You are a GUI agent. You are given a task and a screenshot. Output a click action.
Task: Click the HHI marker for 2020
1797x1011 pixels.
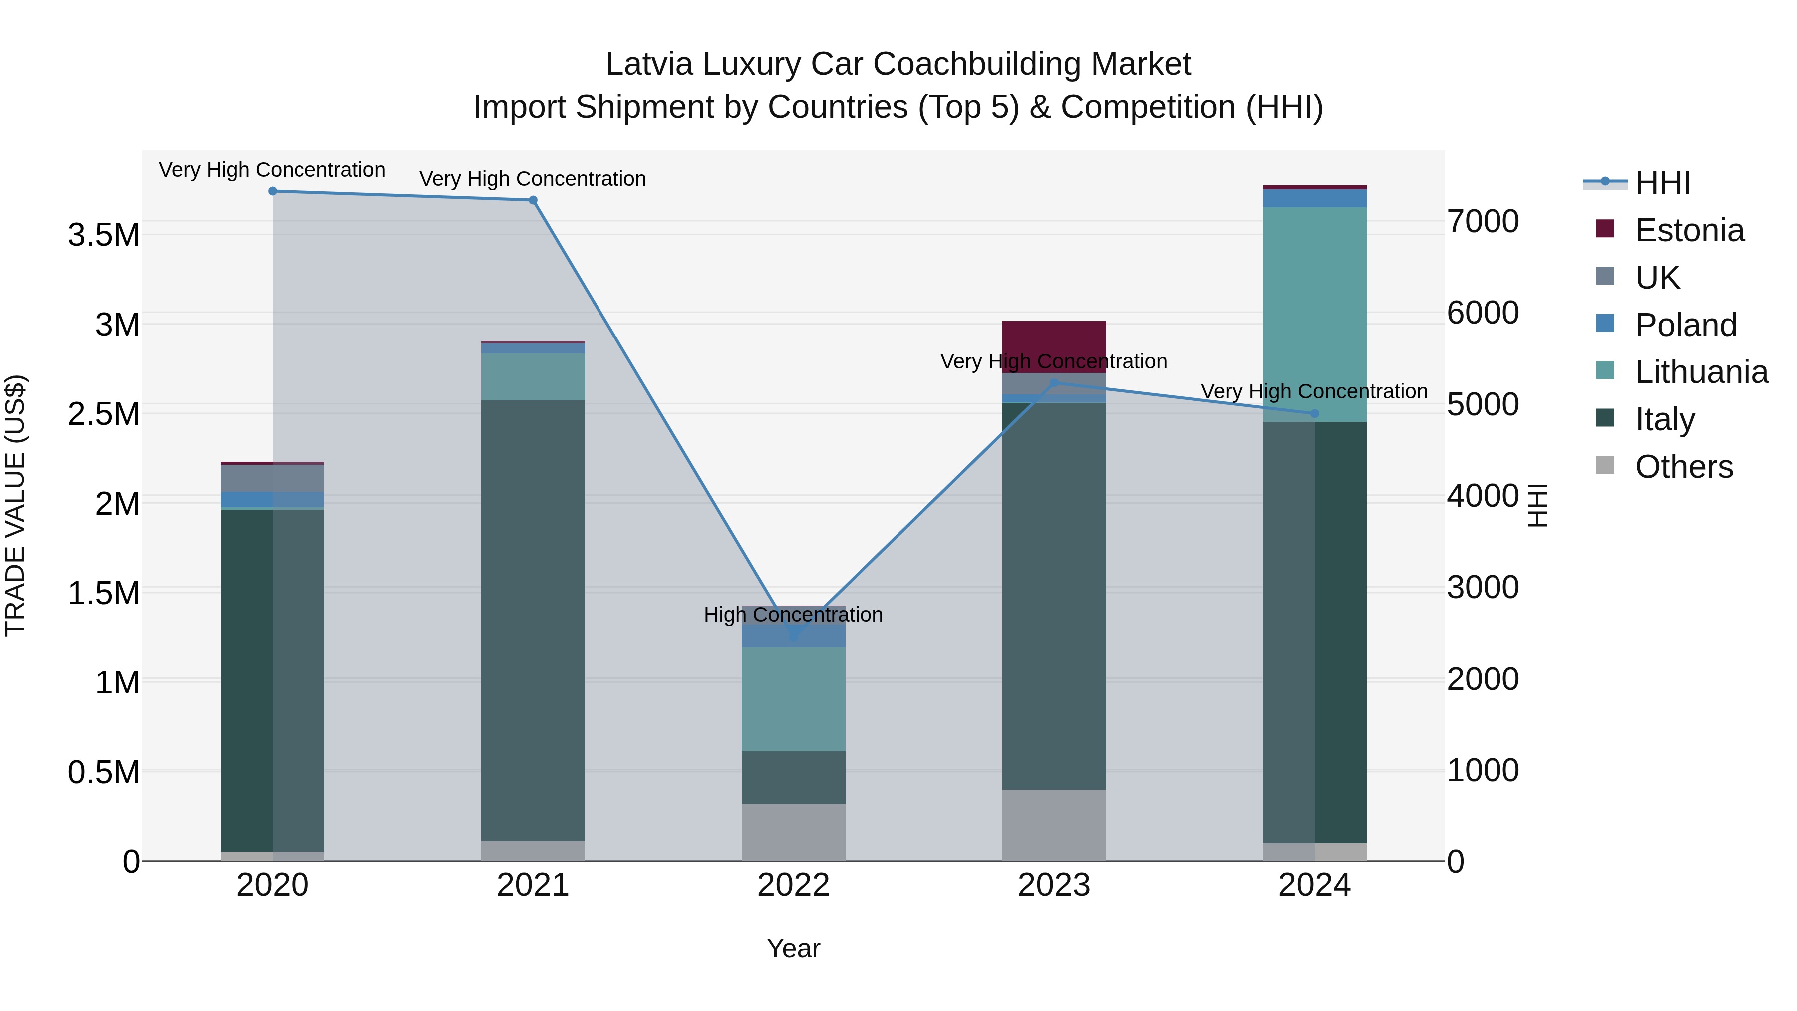(x=273, y=191)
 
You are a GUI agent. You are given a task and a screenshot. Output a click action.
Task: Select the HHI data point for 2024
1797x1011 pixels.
(x=1314, y=414)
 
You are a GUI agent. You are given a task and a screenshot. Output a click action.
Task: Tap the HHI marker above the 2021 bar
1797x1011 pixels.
(x=533, y=200)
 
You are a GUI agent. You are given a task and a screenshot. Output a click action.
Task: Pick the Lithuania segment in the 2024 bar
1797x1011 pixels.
(x=1314, y=314)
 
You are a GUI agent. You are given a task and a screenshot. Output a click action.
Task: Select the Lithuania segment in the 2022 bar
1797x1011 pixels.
(x=793, y=698)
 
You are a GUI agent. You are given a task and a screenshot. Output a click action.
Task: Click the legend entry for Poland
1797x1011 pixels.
(x=1685, y=325)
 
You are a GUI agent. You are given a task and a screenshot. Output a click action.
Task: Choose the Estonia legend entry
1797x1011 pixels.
(x=1688, y=230)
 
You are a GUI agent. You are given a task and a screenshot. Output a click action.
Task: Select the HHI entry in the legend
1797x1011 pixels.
(x=1662, y=183)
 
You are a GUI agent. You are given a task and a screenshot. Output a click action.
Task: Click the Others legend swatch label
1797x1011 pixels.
(x=1683, y=467)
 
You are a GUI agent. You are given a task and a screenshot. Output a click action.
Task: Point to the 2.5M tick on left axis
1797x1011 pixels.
(x=103, y=414)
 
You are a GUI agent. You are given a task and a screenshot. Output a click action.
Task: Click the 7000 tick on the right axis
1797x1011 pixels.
(x=1483, y=222)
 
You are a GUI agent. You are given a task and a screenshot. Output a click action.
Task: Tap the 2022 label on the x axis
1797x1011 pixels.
(x=793, y=885)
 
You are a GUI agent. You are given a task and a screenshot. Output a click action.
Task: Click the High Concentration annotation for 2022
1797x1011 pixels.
(x=793, y=615)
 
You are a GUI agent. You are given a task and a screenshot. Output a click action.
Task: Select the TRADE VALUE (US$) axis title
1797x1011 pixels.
(x=15, y=505)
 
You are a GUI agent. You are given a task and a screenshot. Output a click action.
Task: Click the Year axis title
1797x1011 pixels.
(x=793, y=948)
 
